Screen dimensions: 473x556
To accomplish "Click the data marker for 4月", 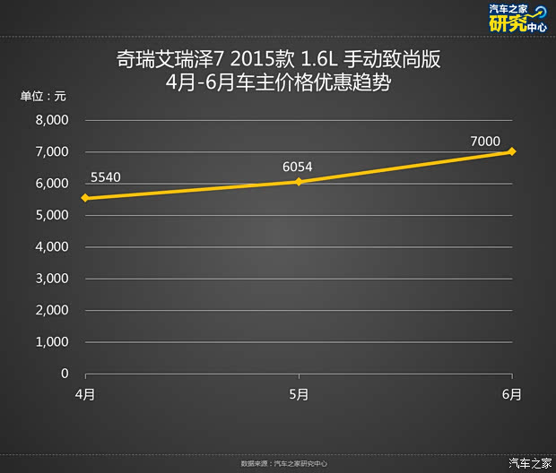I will pyautogui.click(x=85, y=198).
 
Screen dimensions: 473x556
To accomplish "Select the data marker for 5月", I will pyautogui.click(x=299, y=182).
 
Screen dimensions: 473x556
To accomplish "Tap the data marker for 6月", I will pyautogui.click(x=512, y=151).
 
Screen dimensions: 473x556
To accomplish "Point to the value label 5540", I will pyautogui.click(x=106, y=177).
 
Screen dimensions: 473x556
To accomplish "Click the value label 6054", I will pyautogui.click(x=297, y=166).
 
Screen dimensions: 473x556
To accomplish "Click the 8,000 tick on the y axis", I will pyautogui.click(x=52, y=120).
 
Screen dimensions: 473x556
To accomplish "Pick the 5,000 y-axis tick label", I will pyautogui.click(x=52, y=215).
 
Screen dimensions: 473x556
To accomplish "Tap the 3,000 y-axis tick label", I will pyautogui.click(x=52, y=279).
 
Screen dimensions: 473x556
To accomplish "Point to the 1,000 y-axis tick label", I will pyautogui.click(x=52, y=342).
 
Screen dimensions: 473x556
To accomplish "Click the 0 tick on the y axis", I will pyautogui.click(x=65, y=374).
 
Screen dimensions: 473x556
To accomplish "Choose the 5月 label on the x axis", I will pyautogui.click(x=299, y=394).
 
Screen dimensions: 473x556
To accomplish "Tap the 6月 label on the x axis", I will pyautogui.click(x=511, y=394).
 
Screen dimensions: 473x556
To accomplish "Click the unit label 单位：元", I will pyautogui.click(x=43, y=96).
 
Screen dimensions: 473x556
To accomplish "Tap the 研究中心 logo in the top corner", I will pyautogui.click(x=517, y=19).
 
